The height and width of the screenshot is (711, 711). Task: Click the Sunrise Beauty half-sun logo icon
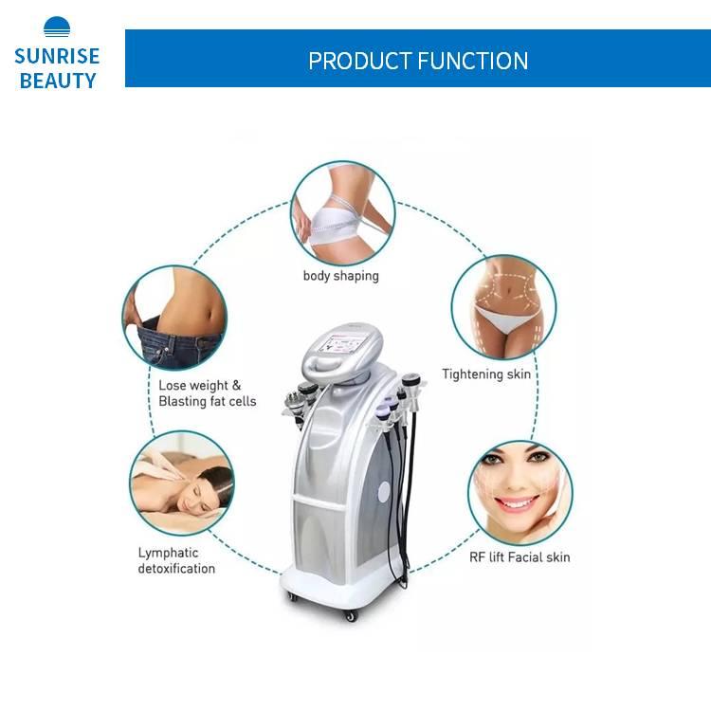tap(57, 27)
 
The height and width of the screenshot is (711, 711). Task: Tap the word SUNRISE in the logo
tap(57, 57)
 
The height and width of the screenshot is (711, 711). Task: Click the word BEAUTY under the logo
tap(57, 81)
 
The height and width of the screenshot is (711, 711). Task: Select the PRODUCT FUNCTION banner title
tap(418, 61)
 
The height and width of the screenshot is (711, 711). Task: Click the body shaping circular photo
tap(341, 213)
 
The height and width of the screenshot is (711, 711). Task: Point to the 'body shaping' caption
tap(341, 276)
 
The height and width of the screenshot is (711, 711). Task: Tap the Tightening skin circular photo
tap(502, 306)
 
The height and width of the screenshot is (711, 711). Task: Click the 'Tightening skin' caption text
tap(486, 374)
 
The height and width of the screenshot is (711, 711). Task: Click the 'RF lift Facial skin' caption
tap(520, 557)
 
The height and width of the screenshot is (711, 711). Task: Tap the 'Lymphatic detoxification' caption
tap(176, 560)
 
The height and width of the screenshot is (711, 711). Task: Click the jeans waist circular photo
tap(174, 317)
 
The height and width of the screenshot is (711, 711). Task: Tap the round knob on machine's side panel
tap(384, 496)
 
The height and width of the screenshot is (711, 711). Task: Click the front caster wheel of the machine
tap(351, 615)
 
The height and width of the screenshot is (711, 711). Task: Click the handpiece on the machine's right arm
tap(410, 392)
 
